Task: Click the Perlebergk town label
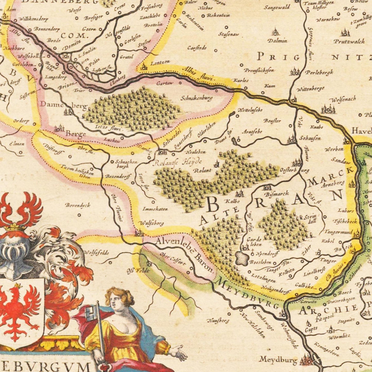[319, 72]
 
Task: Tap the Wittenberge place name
[310, 89]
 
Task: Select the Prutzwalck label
[349, 41]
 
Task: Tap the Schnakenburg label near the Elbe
[196, 98]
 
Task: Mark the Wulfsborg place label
[152, 223]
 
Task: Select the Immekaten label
[155, 209]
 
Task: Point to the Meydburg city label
[278, 359]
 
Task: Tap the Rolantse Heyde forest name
[178, 162]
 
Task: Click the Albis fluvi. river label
[198, 74]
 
